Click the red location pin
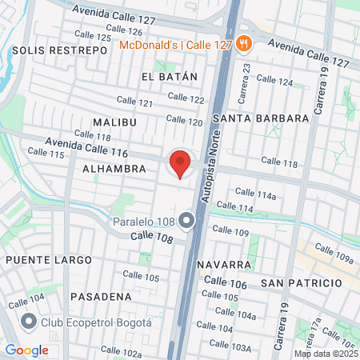(180, 163)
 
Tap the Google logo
(26, 349)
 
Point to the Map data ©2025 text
(326, 353)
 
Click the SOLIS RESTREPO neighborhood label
(60, 50)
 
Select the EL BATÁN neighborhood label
(168, 77)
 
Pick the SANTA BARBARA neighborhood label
(262, 118)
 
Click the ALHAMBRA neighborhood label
(114, 169)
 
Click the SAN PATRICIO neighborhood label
(301, 283)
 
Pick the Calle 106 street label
(225, 281)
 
